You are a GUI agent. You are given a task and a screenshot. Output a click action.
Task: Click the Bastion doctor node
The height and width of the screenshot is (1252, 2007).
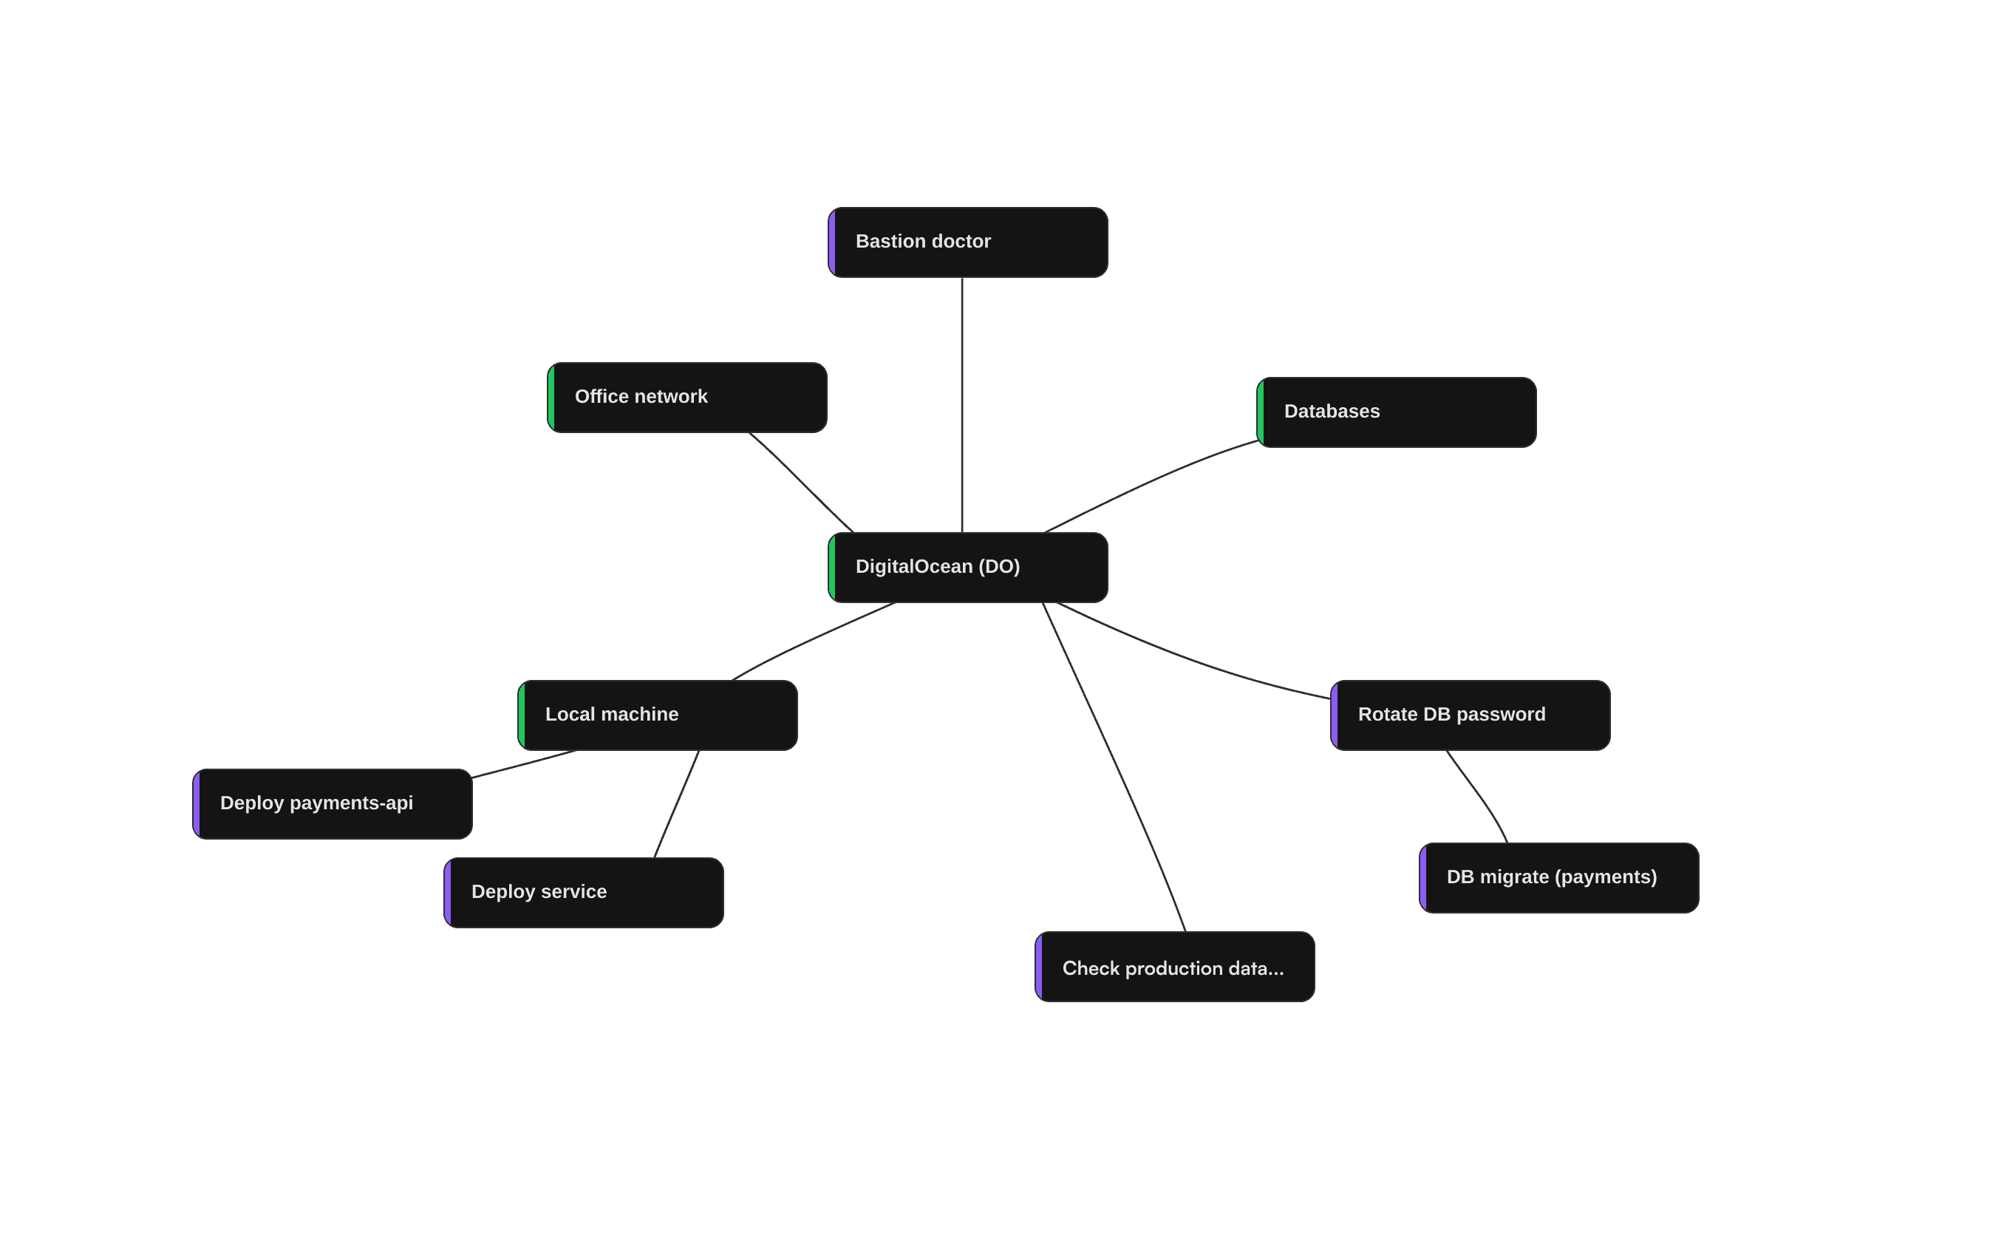pyautogui.click(x=967, y=242)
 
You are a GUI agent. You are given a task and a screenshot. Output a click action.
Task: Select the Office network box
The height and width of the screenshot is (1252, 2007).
pyautogui.click(x=687, y=398)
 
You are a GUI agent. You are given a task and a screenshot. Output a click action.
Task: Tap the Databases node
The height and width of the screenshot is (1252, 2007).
pyautogui.click(x=1396, y=412)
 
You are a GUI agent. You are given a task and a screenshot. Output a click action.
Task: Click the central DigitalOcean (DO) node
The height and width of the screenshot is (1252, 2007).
pyautogui.click(x=967, y=567)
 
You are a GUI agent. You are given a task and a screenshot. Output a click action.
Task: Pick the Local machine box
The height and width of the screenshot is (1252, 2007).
pyautogui.click(x=657, y=715)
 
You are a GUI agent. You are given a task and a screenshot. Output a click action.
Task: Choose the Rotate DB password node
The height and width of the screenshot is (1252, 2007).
pyautogui.click(x=1470, y=715)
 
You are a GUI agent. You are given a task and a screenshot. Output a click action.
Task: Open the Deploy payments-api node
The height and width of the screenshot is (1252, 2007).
pyautogui.click(x=332, y=804)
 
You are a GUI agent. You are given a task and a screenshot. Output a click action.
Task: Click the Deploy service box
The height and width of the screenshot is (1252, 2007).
pyautogui.click(x=584, y=893)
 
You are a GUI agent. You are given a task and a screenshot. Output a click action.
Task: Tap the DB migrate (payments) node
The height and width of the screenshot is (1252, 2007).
pyautogui.click(x=1558, y=878)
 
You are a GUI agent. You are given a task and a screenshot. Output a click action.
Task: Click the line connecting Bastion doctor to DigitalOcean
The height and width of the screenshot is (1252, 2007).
pyautogui.click(x=961, y=406)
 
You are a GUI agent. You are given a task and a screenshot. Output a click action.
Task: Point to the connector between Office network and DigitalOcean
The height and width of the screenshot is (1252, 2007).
pyautogui.click(x=801, y=482)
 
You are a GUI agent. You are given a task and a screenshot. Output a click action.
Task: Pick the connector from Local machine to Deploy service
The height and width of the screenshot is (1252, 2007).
pyautogui.click(x=677, y=804)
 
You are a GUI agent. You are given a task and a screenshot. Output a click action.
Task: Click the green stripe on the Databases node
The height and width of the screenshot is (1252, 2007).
pyautogui.click(x=1261, y=412)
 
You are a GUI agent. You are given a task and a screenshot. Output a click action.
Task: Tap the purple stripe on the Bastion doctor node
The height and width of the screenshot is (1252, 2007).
pyautogui.click(x=832, y=242)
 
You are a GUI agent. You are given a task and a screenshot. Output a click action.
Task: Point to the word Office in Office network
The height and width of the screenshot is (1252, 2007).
pyautogui.click(x=601, y=397)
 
